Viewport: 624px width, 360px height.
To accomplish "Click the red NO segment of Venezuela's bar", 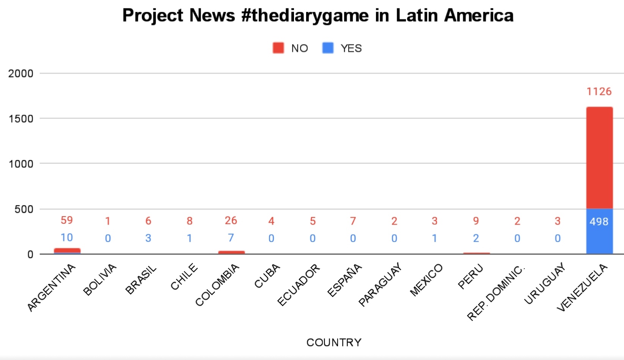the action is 599,158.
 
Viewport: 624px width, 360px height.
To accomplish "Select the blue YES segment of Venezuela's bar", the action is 599,231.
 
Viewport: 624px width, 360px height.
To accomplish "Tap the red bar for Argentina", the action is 67,250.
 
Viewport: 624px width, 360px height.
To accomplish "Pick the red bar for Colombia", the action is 231,252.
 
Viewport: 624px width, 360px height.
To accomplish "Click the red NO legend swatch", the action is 278,48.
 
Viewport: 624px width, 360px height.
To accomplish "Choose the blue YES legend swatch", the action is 328,48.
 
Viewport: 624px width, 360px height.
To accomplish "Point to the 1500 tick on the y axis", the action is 21,119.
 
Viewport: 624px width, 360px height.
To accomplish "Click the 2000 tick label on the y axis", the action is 20,74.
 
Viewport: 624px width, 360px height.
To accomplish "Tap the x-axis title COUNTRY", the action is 334,343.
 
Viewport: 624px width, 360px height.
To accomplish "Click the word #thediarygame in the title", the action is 305,15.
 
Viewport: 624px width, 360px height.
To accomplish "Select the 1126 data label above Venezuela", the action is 599,92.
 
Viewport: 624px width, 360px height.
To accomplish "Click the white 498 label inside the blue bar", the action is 599,222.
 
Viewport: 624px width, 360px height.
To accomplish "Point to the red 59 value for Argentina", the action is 67,220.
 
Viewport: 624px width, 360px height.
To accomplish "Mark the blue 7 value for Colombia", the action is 231,238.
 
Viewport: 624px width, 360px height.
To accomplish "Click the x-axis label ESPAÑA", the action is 344,280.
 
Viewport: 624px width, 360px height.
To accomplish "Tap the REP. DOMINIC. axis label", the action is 496,292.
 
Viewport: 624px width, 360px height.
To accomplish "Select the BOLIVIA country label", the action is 100,280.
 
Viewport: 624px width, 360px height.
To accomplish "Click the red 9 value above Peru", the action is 476,221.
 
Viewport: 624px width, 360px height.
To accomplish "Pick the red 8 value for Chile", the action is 190,221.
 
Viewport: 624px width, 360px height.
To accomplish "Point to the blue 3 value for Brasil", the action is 148,238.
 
